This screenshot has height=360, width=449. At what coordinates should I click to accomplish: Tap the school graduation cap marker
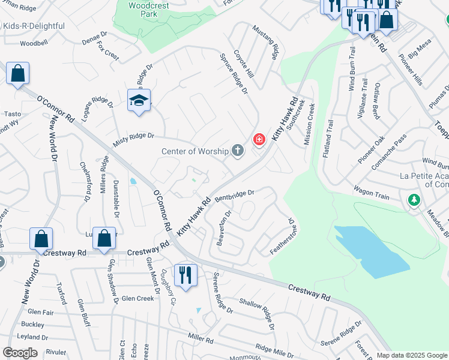[139, 100]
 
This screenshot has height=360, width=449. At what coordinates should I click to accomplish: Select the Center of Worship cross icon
[238, 151]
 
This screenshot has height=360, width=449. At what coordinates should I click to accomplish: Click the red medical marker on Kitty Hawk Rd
[259, 140]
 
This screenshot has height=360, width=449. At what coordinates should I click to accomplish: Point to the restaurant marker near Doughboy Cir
[185, 275]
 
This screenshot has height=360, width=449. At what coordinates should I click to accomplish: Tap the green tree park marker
[414, 200]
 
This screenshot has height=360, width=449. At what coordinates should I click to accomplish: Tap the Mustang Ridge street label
[265, 42]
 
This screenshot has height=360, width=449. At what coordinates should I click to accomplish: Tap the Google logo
[20, 353]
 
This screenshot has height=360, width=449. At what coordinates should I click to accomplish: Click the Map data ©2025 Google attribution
[411, 355]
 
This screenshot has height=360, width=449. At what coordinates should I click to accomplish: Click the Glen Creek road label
[137, 298]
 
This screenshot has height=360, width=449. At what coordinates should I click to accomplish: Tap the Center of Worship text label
[195, 151]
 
